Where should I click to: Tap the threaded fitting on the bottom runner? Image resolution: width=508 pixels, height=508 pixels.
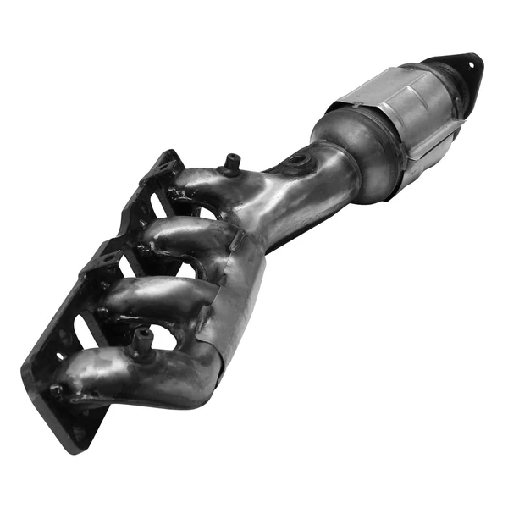point(141,341)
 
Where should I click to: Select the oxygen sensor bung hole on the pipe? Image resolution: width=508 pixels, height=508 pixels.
point(297,160)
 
